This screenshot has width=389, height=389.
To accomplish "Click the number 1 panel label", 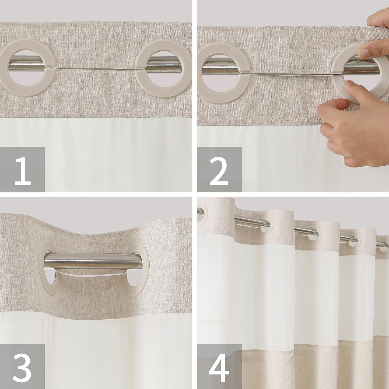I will (x=22, y=170).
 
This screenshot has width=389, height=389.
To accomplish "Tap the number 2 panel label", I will (x=219, y=170).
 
